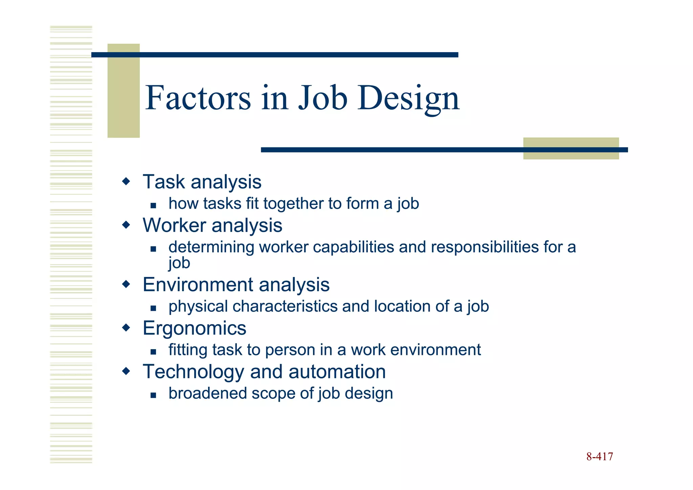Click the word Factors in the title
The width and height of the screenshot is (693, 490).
(198, 98)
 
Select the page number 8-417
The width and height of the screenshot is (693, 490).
(600, 456)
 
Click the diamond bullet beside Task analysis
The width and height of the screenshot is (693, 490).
(126, 182)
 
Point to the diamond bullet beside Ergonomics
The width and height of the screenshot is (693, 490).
(126, 328)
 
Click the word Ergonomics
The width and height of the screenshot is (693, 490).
(194, 328)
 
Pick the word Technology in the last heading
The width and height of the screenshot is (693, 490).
(193, 372)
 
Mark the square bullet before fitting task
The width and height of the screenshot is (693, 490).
(153, 352)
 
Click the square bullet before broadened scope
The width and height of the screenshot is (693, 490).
(153, 395)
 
